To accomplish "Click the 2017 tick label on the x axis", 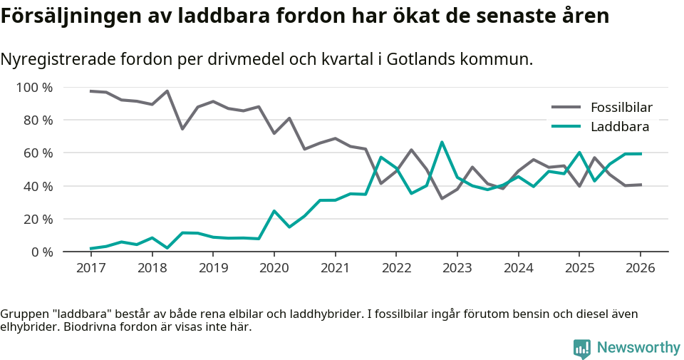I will (90, 268).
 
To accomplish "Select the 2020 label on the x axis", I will (274, 268).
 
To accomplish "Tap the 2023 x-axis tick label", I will (457, 268).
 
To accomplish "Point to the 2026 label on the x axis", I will (640, 268).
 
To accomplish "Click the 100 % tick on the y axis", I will (34, 88).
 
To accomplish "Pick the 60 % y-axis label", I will (37, 153).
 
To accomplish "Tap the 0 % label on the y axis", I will (41, 252).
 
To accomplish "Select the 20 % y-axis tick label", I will (37, 219).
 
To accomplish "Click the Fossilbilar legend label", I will (621, 108).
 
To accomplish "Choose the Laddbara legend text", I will (619, 127).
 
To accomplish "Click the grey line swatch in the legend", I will (566, 108).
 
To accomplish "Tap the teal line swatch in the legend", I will (566, 127).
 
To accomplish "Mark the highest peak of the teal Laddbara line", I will (442, 142).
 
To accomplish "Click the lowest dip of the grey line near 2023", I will (442, 198).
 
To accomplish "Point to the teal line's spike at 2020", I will (274, 211).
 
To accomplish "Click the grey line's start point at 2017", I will (91, 91).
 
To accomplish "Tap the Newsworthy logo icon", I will (581, 349).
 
